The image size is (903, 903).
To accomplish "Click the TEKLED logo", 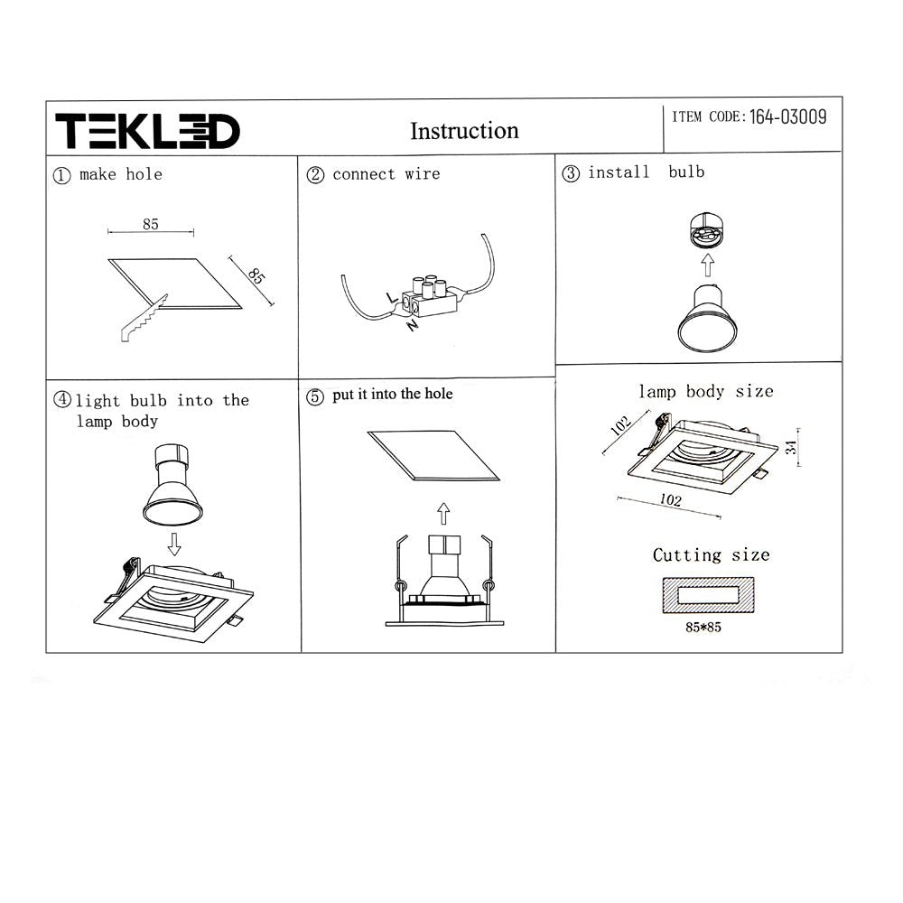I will pyautogui.click(x=147, y=132).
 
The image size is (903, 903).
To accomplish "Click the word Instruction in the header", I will pyautogui.click(x=464, y=131).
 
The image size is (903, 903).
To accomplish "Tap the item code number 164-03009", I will pyautogui.click(x=787, y=116).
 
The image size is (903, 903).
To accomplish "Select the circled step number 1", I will pyautogui.click(x=61, y=175).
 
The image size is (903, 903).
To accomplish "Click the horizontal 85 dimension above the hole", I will pyautogui.click(x=150, y=224).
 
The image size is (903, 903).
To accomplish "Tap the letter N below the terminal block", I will pyautogui.click(x=413, y=325).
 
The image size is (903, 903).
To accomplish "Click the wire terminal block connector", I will pyautogui.click(x=430, y=297).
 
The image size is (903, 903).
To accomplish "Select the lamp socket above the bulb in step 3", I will pyautogui.click(x=706, y=231).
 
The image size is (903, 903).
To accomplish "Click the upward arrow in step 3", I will pyautogui.click(x=708, y=265).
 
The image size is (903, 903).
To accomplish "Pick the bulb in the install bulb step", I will pyautogui.click(x=707, y=316).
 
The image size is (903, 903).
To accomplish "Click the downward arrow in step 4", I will pyautogui.click(x=174, y=543).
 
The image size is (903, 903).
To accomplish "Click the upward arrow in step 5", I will pyautogui.click(x=442, y=514).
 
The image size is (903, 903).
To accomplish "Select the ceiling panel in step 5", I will pyautogui.click(x=433, y=456).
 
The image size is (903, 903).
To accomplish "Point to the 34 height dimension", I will pyautogui.click(x=792, y=446).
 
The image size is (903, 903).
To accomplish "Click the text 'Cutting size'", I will pyautogui.click(x=711, y=554).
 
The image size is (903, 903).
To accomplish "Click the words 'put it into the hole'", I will pyautogui.click(x=392, y=394).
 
